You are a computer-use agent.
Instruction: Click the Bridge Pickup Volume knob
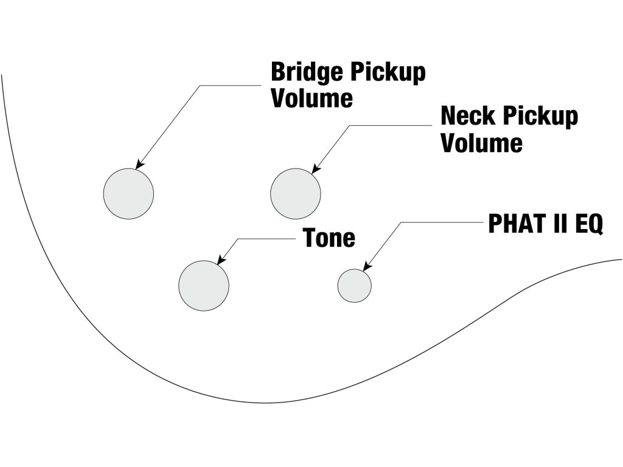pyautogui.click(x=128, y=193)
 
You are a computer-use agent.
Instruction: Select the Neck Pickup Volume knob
pyautogui.click(x=295, y=193)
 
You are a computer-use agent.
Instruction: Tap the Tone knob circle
pyautogui.click(x=204, y=285)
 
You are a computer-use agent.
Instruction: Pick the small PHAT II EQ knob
pyautogui.click(x=354, y=285)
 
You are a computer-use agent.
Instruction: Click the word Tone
pyautogui.click(x=329, y=238)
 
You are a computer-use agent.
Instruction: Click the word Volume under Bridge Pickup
pyautogui.click(x=311, y=99)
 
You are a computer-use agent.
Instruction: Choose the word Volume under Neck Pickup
pyautogui.click(x=481, y=143)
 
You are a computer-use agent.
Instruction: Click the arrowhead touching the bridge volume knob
pyautogui.click(x=139, y=165)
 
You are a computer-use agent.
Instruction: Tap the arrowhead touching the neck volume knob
pyautogui.click(x=315, y=170)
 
